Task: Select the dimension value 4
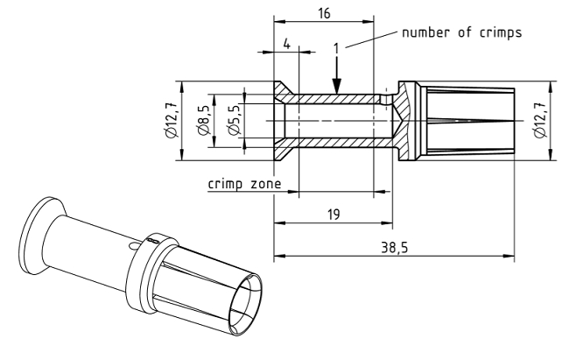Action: click(286, 42)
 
